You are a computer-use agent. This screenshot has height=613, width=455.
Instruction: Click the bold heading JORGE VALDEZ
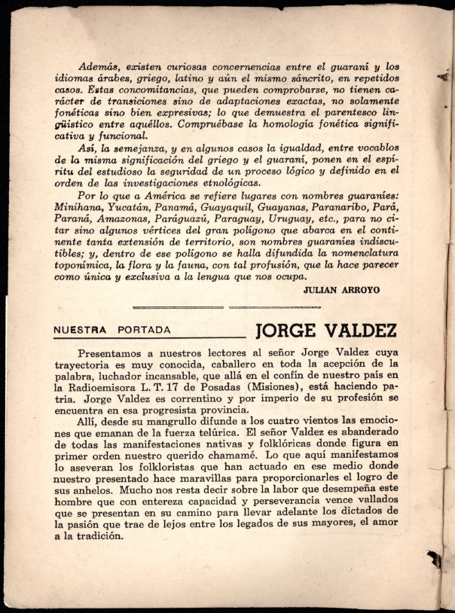(x=326, y=332)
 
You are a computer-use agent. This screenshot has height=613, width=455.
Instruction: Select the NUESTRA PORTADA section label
(x=112, y=330)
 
